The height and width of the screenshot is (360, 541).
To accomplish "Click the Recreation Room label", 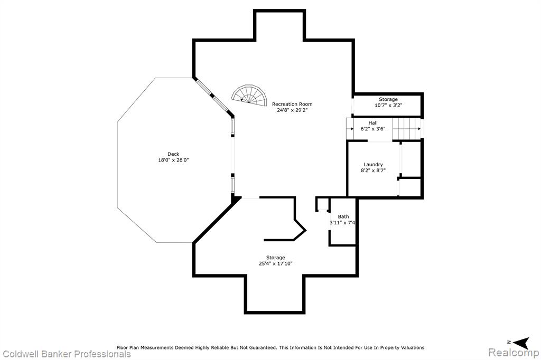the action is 292,104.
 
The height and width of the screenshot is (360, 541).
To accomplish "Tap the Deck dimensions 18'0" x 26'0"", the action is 173,160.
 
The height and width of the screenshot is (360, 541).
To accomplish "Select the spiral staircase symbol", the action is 249,95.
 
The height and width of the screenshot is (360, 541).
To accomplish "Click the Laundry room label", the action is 373,165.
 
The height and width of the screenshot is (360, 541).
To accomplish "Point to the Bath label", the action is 343,216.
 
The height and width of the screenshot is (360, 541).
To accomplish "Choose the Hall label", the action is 373,123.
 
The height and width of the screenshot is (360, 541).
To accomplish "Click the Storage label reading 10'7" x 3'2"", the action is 388,102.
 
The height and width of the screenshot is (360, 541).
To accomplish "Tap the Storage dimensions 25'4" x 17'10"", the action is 275,263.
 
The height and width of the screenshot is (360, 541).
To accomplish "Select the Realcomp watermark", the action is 514,353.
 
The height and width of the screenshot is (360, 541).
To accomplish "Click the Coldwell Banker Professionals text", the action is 67,354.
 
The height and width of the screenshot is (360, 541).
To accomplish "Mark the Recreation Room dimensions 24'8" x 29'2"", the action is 292,110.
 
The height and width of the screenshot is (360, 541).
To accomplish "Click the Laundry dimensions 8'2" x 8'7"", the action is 373,170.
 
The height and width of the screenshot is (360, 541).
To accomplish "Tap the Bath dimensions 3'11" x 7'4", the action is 342,223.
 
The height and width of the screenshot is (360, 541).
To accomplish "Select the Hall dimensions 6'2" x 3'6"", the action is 373,129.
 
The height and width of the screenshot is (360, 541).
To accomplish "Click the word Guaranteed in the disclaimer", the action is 261,347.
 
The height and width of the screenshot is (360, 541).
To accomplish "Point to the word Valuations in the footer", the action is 412,347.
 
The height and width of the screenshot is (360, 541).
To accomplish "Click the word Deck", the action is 173,154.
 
